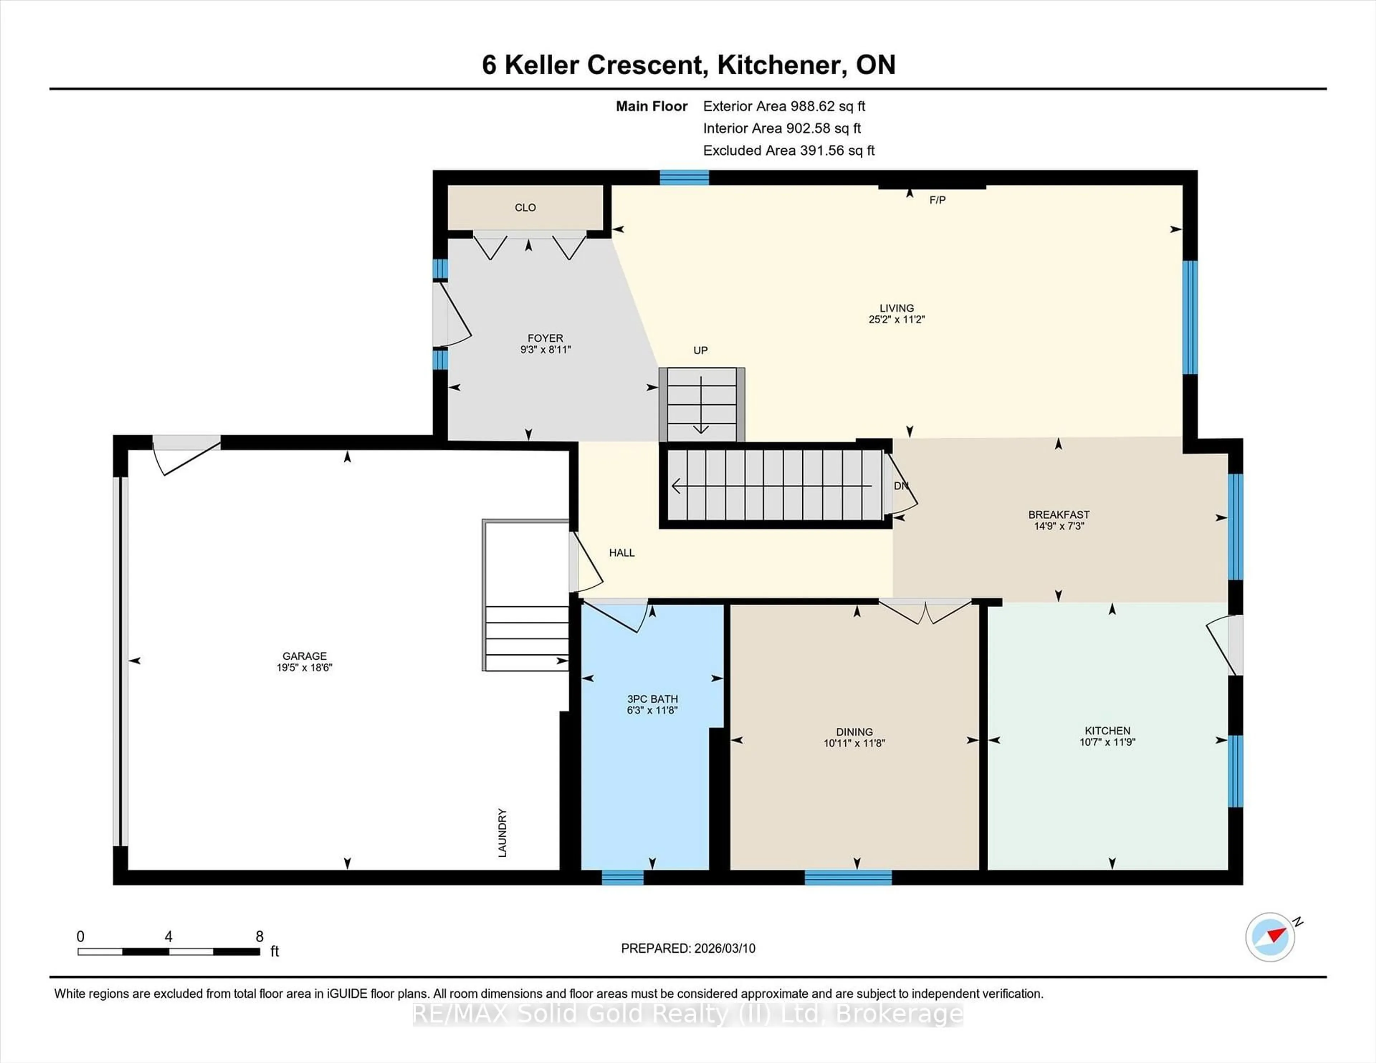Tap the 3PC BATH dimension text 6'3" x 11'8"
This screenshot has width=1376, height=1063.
652,710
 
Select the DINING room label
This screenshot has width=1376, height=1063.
854,732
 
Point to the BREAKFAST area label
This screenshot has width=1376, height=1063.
1059,515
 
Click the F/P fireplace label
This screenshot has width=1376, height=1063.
937,200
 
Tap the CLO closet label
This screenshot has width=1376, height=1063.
525,207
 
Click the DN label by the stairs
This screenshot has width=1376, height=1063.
901,486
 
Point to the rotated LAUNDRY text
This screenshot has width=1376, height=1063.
502,832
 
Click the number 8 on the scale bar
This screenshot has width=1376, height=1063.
259,937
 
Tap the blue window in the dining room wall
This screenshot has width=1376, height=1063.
848,877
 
